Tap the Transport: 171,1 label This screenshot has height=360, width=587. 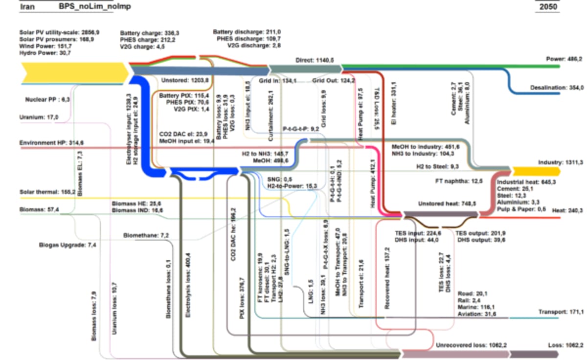[x=561, y=312]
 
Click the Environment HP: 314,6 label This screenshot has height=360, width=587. [x=51, y=142]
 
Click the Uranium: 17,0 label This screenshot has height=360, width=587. [x=39, y=117]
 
